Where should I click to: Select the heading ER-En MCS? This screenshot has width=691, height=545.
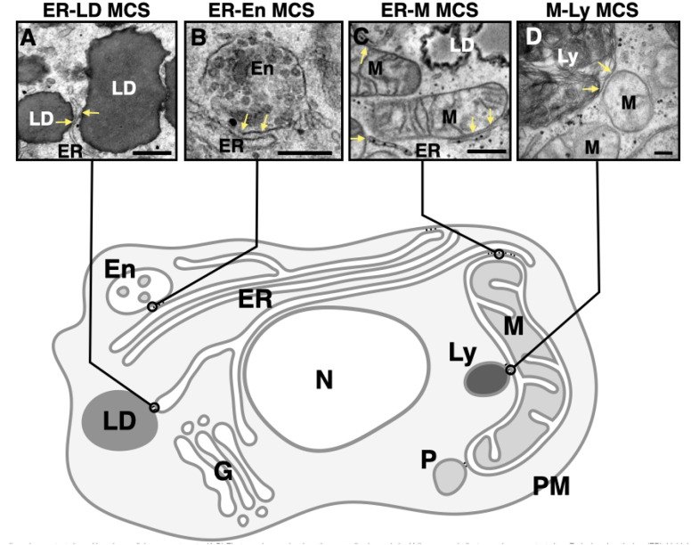(x=256, y=10)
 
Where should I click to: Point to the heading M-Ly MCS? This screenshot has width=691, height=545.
(x=598, y=10)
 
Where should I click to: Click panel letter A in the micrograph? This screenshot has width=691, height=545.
(x=28, y=39)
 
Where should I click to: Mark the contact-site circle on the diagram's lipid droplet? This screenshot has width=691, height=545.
(x=154, y=407)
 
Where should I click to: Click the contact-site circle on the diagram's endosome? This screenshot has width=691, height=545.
(x=152, y=306)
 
